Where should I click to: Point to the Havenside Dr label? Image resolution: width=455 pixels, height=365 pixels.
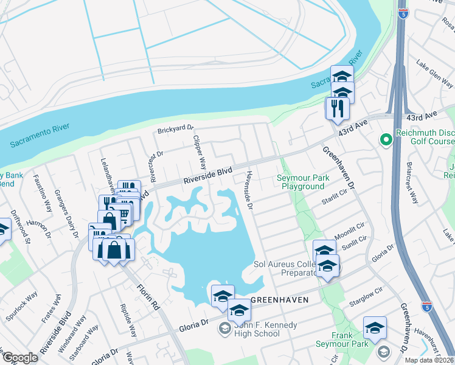pyautogui.click(x=248, y=188)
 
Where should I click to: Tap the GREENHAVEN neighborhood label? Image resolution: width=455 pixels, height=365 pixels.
pyautogui.click(x=276, y=300)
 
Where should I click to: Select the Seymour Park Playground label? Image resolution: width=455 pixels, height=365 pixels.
pyautogui.click(x=300, y=182)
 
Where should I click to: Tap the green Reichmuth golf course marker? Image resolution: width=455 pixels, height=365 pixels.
pyautogui.click(x=385, y=141)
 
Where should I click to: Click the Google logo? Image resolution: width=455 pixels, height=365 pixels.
pyautogui.click(x=20, y=358)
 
